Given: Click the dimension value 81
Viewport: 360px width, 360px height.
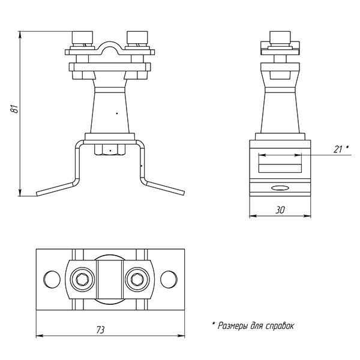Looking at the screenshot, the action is pyautogui.click(x=14, y=109).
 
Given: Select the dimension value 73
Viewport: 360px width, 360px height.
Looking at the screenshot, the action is pyautogui.click(x=100, y=330).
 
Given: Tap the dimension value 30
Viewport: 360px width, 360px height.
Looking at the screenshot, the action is pyautogui.click(x=280, y=210).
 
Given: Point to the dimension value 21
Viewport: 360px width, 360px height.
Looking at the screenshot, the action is pyautogui.click(x=338, y=149).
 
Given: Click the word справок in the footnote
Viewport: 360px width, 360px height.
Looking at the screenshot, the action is pyautogui.click(x=280, y=326).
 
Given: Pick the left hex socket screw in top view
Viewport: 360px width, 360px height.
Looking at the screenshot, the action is pyautogui.click(x=82, y=280).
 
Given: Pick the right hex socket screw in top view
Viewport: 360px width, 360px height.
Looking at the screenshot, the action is pyautogui.click(x=137, y=280).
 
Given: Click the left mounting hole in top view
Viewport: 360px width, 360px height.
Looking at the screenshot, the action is pyautogui.click(x=52, y=280).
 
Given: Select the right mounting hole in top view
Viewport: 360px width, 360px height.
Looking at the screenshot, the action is pyautogui.click(x=169, y=280).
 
